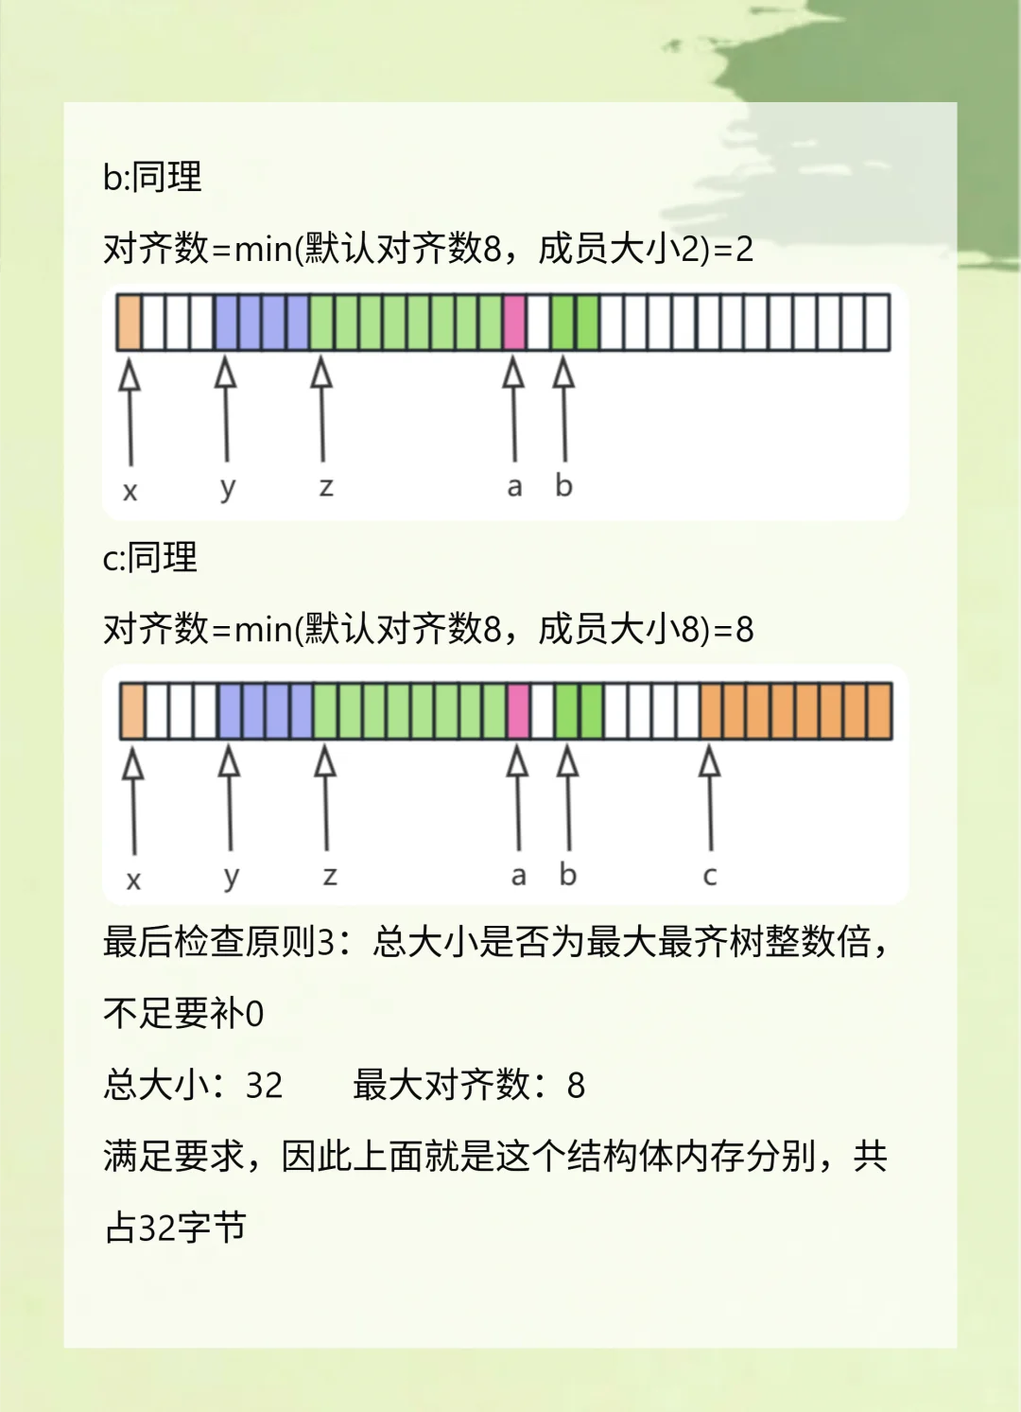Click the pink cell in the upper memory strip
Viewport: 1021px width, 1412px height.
[514, 322]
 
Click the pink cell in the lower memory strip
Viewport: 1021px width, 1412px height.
[518, 711]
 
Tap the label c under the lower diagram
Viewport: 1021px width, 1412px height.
[710, 876]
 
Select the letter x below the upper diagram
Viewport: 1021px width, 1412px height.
[130, 491]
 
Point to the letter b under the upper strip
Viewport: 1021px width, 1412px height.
[563, 486]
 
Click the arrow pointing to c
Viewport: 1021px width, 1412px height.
[710, 799]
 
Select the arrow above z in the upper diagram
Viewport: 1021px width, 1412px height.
[322, 410]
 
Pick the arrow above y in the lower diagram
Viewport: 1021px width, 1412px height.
[230, 799]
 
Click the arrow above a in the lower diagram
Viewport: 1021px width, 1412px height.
[518, 799]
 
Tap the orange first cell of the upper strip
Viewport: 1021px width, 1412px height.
[130, 322]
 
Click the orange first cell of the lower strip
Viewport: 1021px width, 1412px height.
[133, 711]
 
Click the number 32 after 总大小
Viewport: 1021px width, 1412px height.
[264, 1086]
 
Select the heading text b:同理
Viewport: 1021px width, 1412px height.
[152, 177]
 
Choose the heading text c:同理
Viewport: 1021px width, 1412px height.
[150, 558]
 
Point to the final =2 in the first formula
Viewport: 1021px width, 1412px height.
[734, 249]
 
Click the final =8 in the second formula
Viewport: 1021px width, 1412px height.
[734, 630]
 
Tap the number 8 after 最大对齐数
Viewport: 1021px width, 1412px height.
[576, 1086]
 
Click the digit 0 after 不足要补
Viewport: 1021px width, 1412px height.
[254, 1014]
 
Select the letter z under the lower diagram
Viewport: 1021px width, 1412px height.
[329, 876]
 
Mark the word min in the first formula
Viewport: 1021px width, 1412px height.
[263, 249]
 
